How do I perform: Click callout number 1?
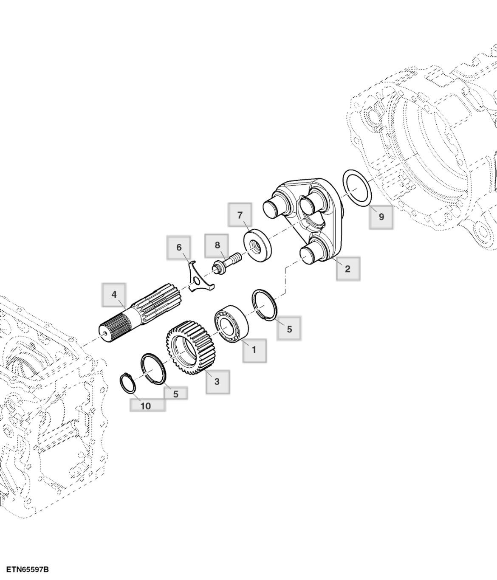coord(254,350)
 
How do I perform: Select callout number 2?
coord(348,268)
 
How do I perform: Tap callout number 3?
coord(217,381)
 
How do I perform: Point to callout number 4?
coord(114,295)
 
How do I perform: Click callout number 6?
coord(179,247)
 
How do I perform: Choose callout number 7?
coord(240,215)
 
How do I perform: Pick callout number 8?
coord(217,245)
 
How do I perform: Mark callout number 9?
coord(381,217)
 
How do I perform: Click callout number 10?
coord(146,405)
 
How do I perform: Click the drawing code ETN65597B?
coord(27,569)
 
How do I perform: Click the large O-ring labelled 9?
coord(357,188)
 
